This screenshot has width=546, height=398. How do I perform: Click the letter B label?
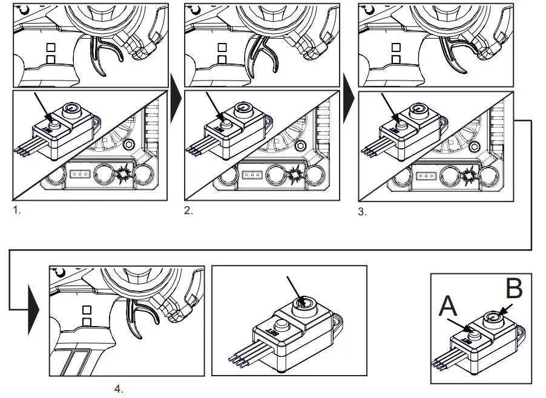[x=513, y=289]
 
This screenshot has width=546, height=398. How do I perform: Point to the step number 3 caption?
[x=362, y=212]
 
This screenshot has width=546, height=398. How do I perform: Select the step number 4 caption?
[x=119, y=389]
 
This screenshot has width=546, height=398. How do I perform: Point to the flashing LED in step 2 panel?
[x=296, y=175]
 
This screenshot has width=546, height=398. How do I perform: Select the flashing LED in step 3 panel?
[x=469, y=175]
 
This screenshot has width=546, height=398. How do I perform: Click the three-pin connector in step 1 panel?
[x=79, y=175]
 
